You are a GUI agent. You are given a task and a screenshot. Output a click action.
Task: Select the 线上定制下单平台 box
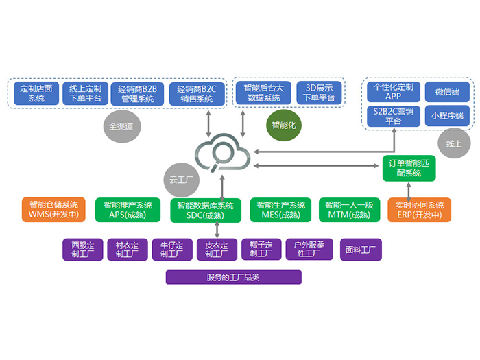tap(86, 93)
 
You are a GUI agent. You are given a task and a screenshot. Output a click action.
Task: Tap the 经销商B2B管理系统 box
tap(137, 93)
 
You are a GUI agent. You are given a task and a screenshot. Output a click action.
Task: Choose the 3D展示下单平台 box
tap(319, 93)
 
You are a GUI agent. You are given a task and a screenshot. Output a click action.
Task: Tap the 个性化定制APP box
tap(393, 92)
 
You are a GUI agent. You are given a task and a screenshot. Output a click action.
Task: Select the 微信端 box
tap(446, 92)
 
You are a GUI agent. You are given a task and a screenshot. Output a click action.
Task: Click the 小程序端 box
tap(446, 115)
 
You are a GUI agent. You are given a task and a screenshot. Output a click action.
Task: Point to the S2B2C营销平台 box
tap(393, 115)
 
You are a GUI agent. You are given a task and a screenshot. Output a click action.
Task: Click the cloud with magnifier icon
tap(221, 156)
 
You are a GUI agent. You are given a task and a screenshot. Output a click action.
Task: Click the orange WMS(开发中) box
tap(53, 210)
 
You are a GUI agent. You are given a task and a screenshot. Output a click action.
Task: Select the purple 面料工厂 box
tap(361, 250)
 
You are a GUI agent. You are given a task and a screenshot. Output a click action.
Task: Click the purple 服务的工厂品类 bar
tap(233, 278)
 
